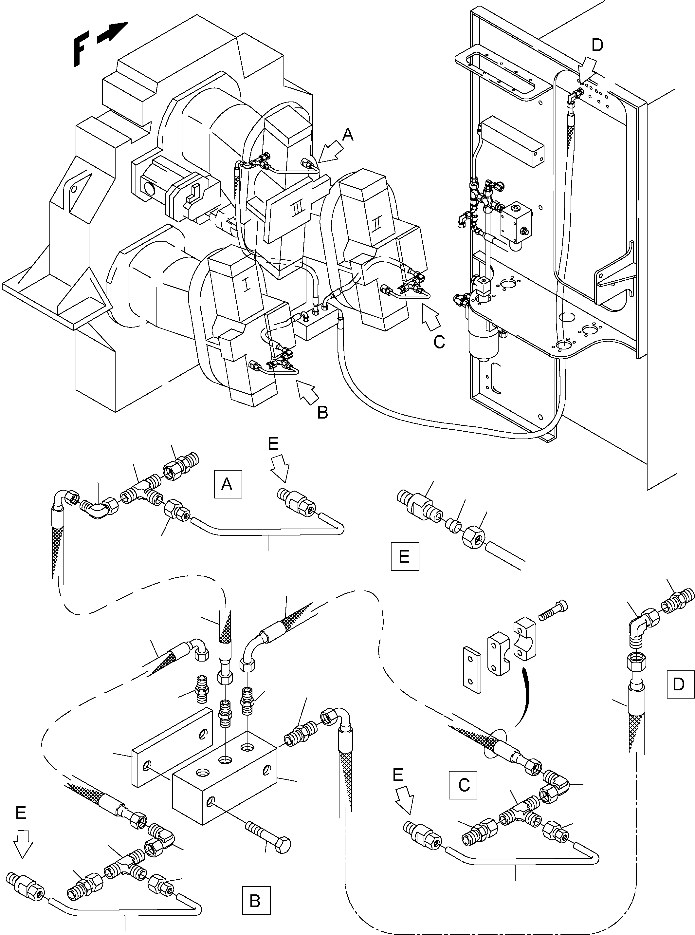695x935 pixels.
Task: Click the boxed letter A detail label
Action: click(228, 484)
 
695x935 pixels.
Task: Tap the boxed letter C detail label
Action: click(463, 785)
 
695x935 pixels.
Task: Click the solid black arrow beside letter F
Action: click(112, 32)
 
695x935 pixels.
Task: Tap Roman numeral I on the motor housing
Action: click(247, 285)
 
